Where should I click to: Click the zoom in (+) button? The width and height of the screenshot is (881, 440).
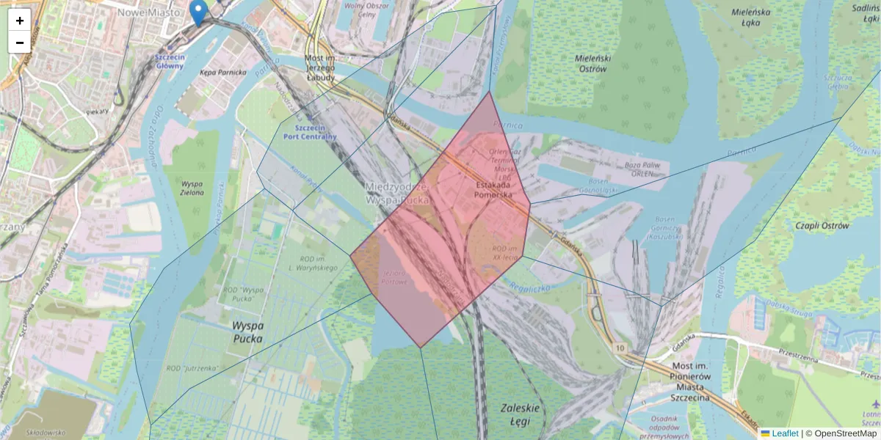point(20,21)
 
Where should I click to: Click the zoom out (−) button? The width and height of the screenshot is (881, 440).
point(20,42)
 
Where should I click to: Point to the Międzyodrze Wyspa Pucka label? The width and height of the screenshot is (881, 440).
point(397,194)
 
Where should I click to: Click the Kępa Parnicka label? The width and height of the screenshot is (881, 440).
point(223,73)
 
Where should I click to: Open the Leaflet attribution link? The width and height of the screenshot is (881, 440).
point(784,433)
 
